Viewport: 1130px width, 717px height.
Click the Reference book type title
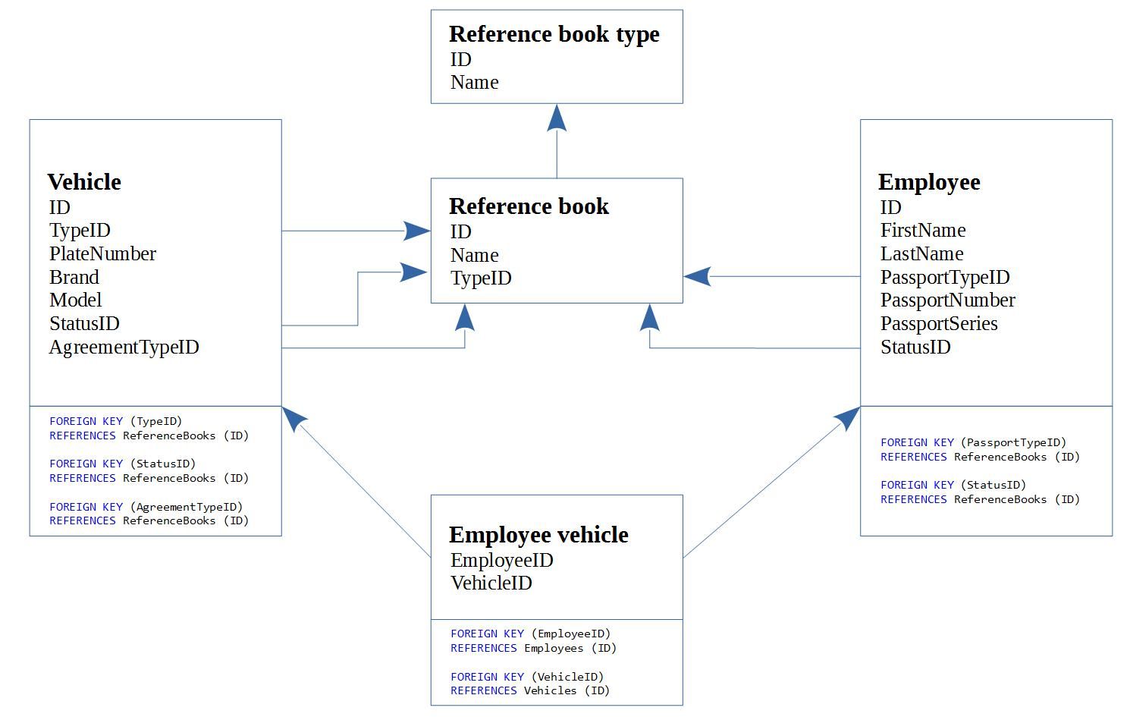click(x=554, y=35)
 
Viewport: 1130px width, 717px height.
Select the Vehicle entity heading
click(x=84, y=182)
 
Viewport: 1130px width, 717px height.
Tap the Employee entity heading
click(x=929, y=182)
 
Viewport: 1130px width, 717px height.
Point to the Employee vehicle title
click(x=538, y=535)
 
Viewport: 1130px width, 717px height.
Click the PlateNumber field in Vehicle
click(x=102, y=254)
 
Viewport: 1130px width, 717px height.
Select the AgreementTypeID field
click(x=124, y=347)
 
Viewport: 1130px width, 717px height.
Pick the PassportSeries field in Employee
click(x=938, y=324)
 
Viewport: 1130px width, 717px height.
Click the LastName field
click(x=921, y=254)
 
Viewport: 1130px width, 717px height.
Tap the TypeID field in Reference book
click(x=481, y=278)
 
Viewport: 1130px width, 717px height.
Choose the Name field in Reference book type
click(x=474, y=83)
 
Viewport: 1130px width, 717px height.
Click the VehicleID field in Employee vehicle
click(x=491, y=583)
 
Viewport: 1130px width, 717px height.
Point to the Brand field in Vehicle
click(x=74, y=278)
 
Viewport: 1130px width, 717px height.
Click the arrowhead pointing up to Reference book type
click(x=557, y=118)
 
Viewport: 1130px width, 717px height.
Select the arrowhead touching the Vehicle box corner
click(x=293, y=417)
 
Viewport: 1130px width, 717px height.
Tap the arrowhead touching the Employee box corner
click(x=848, y=417)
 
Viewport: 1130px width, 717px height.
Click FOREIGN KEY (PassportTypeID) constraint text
click(x=973, y=442)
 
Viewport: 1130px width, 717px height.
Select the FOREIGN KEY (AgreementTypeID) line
click(x=146, y=507)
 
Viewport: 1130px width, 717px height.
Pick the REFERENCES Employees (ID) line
click(x=533, y=648)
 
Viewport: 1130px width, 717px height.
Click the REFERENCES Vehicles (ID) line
click(x=529, y=690)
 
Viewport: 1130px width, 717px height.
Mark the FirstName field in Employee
click(x=922, y=231)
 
